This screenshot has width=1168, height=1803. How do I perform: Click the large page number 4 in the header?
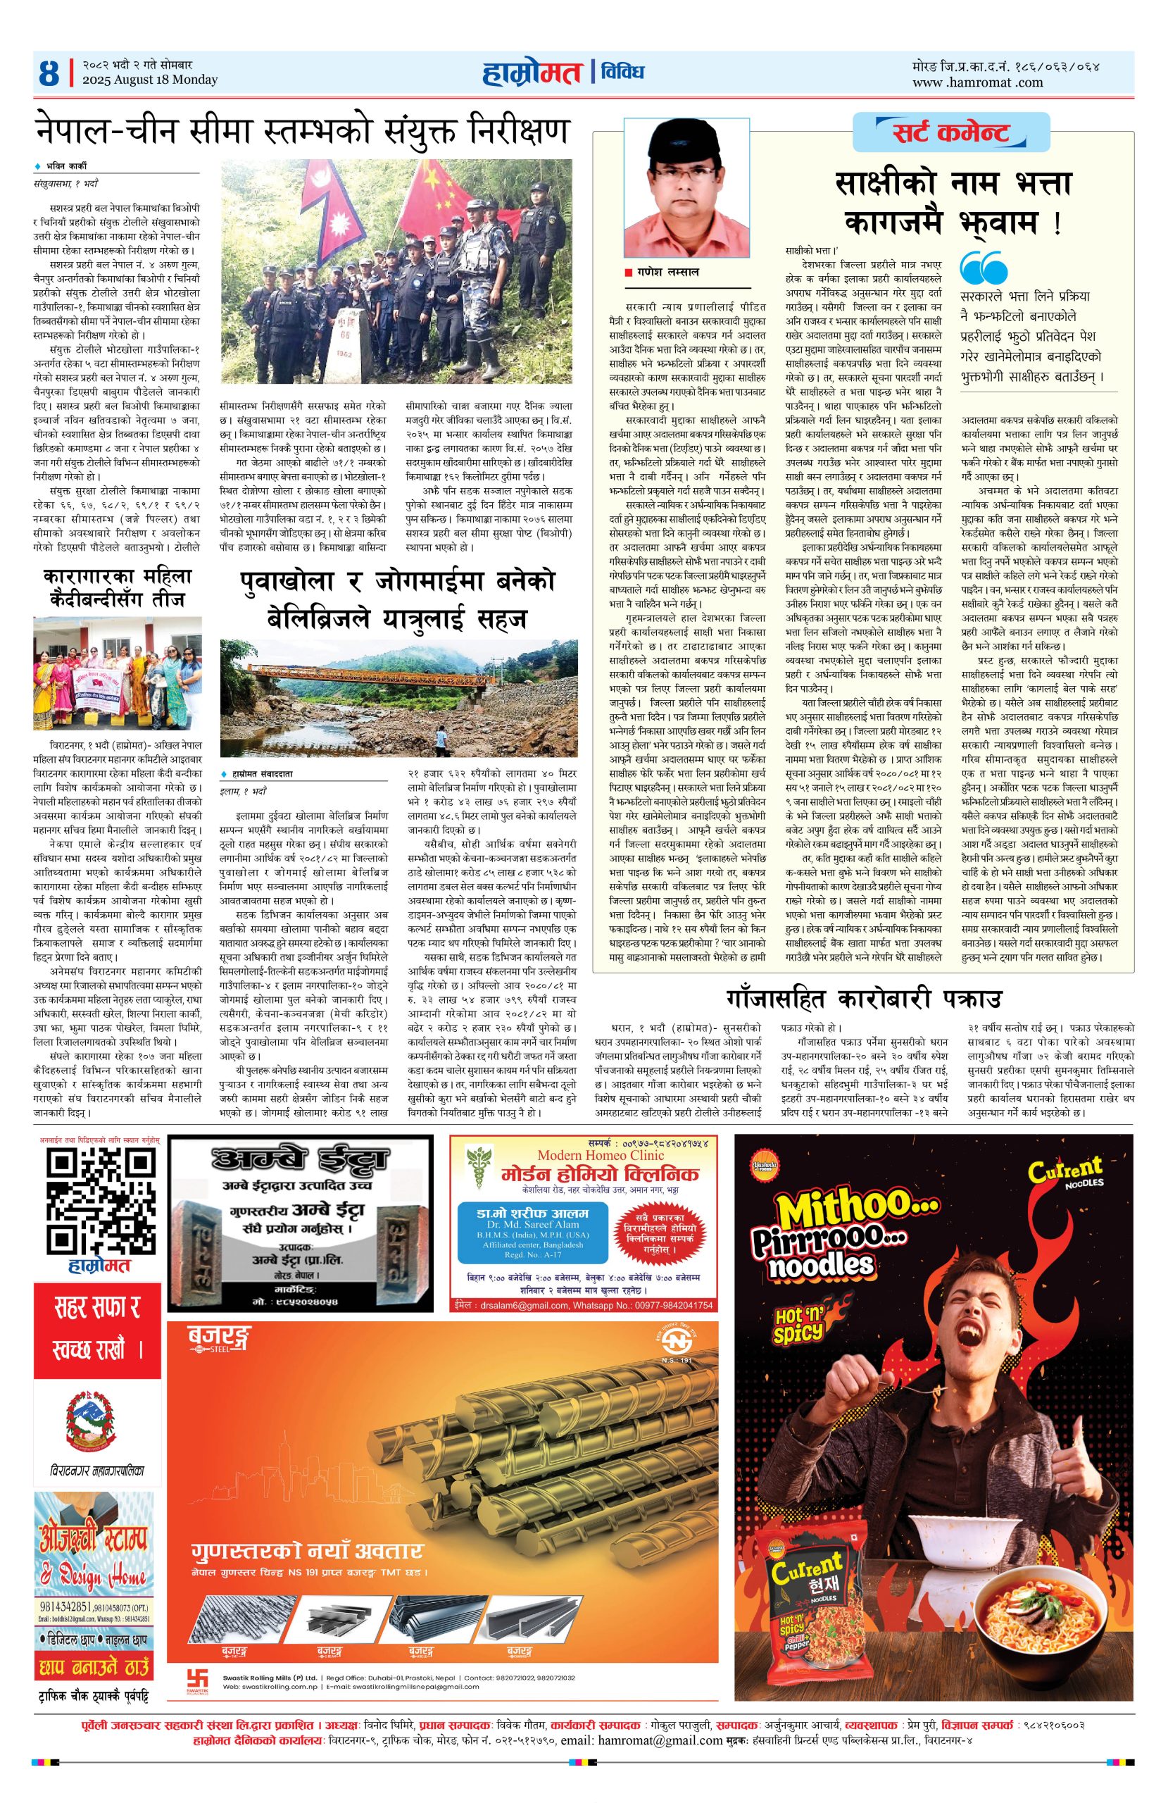pos(50,73)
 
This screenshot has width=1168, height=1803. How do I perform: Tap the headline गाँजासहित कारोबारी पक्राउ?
pos(862,999)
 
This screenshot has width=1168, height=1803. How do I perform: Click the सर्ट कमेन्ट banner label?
pos(952,133)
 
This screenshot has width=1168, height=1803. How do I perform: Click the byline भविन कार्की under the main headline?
pos(65,166)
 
